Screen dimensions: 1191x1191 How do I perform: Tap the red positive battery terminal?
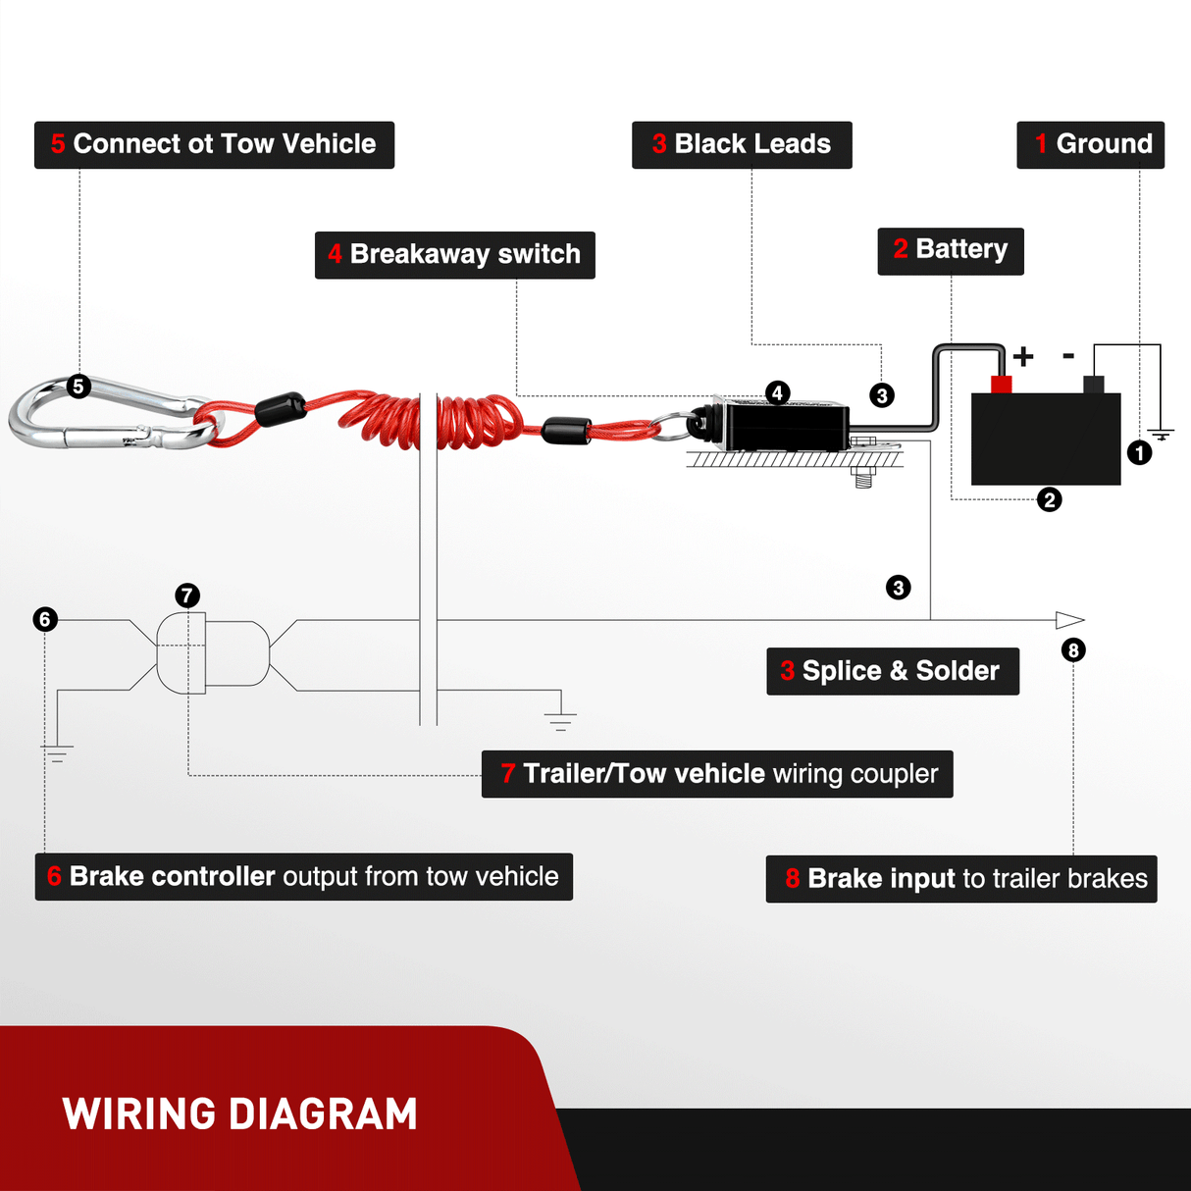1001,384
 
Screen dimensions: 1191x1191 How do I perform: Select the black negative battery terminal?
1093,385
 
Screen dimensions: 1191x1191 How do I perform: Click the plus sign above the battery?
1023,356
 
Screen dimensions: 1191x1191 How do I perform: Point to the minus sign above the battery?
1068,356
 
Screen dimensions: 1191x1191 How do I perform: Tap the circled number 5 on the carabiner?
78,387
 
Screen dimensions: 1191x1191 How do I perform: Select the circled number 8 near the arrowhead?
1073,650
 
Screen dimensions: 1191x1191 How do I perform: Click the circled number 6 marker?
45,619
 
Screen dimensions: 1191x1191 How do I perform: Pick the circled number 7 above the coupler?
187,595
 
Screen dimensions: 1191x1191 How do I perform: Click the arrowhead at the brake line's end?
1069,620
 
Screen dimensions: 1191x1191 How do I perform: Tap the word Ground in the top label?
1104,144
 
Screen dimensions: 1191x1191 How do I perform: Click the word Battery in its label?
961,249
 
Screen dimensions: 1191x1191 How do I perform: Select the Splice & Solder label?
892,671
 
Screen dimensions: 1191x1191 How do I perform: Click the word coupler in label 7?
894,774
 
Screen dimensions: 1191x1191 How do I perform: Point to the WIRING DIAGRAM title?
240,1114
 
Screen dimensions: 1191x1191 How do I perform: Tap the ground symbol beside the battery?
1161,433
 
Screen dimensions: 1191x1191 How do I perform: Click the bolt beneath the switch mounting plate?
863,477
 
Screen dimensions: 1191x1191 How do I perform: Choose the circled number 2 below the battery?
1050,500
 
